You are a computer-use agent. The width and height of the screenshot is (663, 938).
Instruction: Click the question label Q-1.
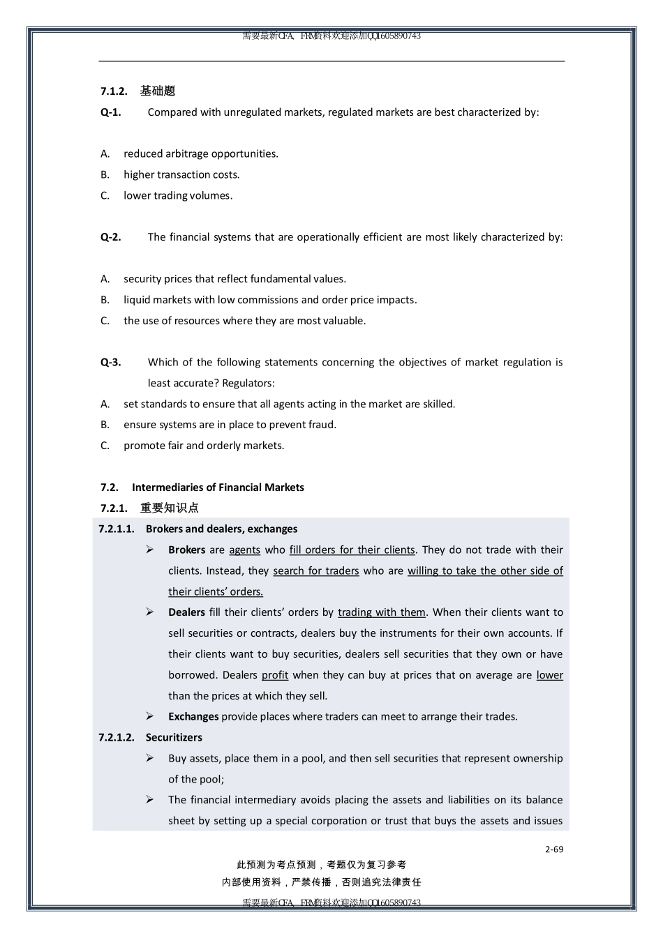coord(110,112)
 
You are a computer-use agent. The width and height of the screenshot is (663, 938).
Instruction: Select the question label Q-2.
coord(110,237)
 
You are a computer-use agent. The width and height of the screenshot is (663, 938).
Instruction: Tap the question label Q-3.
coord(110,362)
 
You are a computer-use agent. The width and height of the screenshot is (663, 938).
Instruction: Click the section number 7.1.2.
coord(114,91)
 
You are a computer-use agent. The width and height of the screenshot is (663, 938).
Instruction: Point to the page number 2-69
coord(554,849)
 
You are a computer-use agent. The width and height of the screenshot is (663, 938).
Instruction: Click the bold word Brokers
coord(186,550)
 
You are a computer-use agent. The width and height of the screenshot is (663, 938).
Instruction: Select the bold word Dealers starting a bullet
coord(186,612)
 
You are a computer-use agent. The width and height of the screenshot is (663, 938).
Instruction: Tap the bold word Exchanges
coord(193,716)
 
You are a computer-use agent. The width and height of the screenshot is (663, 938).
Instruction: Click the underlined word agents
coord(244,550)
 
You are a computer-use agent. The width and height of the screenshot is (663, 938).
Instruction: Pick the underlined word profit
coord(275,675)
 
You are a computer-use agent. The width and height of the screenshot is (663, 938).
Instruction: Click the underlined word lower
coord(549,675)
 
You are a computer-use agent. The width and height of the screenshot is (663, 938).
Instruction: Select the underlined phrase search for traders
coord(315,570)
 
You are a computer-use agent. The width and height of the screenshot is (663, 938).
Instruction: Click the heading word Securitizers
coord(174,737)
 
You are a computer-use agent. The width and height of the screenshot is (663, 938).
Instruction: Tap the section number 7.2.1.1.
coord(117,529)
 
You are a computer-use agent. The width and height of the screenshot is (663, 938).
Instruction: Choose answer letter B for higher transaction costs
coord(105,175)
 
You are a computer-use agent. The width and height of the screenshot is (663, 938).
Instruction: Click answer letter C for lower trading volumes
coord(105,196)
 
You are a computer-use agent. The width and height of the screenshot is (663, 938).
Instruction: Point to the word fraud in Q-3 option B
coord(322,425)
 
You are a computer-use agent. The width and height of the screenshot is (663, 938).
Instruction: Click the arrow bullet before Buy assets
coord(150,758)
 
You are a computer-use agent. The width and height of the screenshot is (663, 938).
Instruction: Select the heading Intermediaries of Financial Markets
coord(218,487)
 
